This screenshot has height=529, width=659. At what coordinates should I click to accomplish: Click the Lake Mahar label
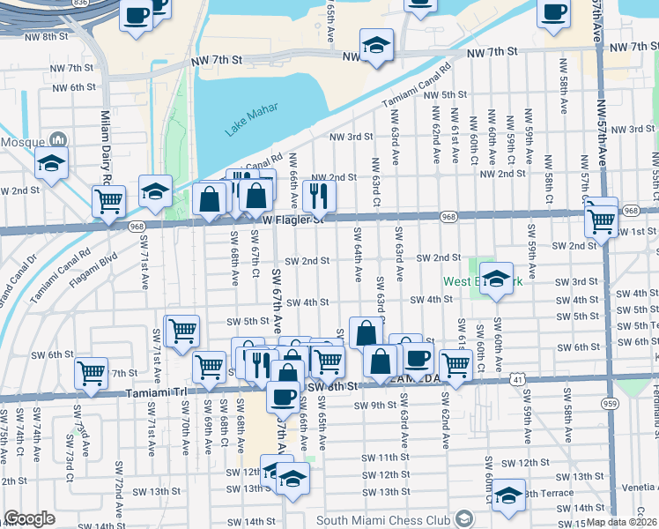click(251, 119)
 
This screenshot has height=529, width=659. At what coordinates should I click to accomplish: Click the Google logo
click(29, 518)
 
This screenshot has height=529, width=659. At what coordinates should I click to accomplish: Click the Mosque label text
click(22, 141)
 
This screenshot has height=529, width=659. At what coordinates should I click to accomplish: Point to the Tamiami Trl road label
click(158, 393)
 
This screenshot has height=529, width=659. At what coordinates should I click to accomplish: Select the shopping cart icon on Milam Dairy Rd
click(108, 200)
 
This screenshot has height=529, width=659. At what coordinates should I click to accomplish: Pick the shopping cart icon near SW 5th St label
click(182, 331)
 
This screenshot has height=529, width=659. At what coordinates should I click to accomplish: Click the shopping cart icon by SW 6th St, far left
click(92, 373)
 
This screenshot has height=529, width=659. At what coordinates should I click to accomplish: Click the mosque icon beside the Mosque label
click(59, 139)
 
